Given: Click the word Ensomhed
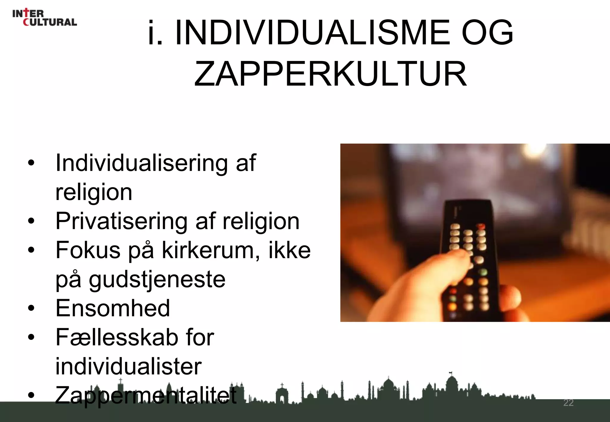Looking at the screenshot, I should pos(113,308).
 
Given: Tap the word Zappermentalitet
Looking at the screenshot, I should pos(146,395).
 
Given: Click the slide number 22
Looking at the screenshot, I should pos(568,403).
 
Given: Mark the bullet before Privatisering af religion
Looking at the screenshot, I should pos(31,221).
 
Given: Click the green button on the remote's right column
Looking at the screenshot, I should pos(484,272).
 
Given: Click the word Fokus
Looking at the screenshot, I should pos(88,250).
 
